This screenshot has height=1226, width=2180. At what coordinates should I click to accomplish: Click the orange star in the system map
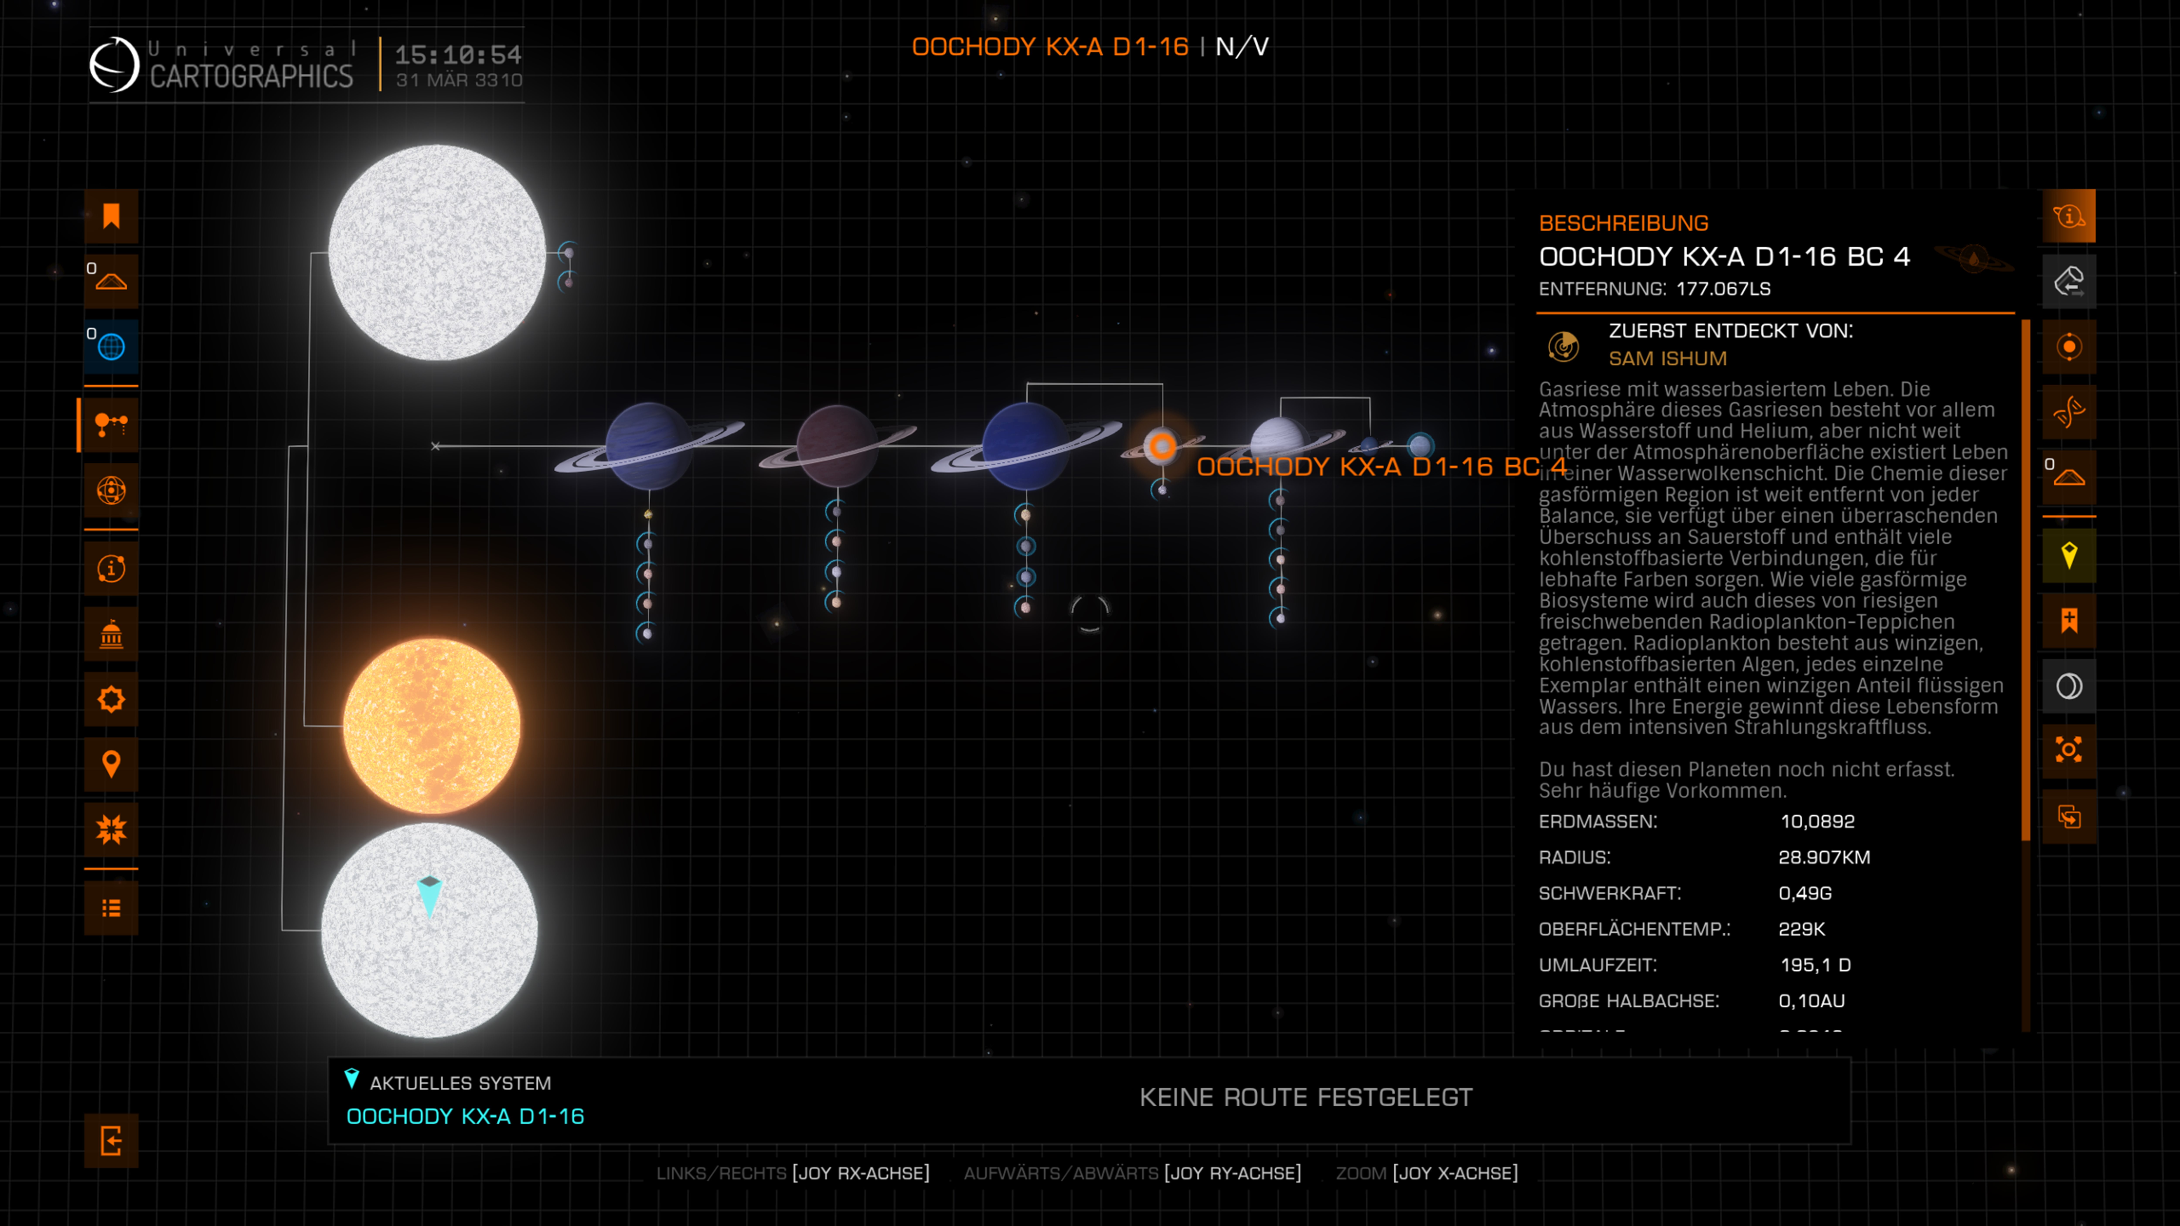[432, 725]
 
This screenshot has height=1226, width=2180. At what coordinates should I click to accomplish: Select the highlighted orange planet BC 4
[1162, 446]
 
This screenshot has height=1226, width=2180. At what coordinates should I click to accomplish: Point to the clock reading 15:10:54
[458, 55]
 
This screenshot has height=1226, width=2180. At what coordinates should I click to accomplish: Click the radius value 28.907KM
[1824, 857]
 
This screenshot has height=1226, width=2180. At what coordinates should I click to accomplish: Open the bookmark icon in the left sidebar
[111, 217]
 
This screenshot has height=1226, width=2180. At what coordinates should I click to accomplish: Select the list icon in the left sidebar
[111, 908]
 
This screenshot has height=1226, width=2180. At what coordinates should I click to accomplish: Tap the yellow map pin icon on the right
[2069, 556]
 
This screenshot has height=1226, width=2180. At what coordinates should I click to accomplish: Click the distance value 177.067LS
[1723, 289]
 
